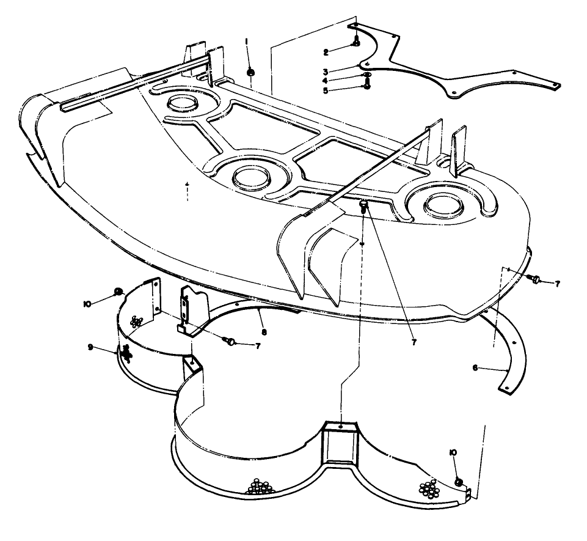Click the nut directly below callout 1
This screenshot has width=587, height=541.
point(250,73)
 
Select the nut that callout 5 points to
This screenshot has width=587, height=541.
point(367,86)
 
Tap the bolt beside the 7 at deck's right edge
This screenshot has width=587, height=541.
point(535,279)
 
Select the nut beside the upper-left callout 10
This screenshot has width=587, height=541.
point(120,292)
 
